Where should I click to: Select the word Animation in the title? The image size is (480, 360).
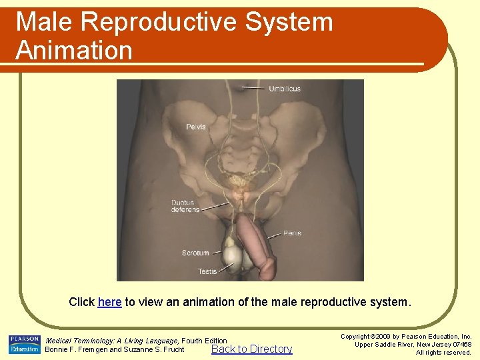pos(74,51)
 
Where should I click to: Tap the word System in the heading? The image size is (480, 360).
pos(289,22)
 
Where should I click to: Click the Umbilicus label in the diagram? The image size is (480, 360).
pos(285,89)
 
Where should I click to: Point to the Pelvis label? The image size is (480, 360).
pos(196,127)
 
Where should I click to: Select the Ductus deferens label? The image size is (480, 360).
pos(185,206)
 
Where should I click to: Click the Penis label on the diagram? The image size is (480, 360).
pos(292,233)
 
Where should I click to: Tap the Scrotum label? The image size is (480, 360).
pos(195,253)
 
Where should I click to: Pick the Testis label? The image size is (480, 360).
pos(207,271)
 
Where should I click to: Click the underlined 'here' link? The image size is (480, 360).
pos(109,302)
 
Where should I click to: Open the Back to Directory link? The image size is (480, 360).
pos(251,349)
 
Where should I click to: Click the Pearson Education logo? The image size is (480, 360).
pos(24,345)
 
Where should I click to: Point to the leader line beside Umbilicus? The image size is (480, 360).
pos(253,88)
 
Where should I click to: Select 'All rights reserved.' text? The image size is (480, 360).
pos(443,353)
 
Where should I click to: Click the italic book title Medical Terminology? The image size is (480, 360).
pos(81,341)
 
